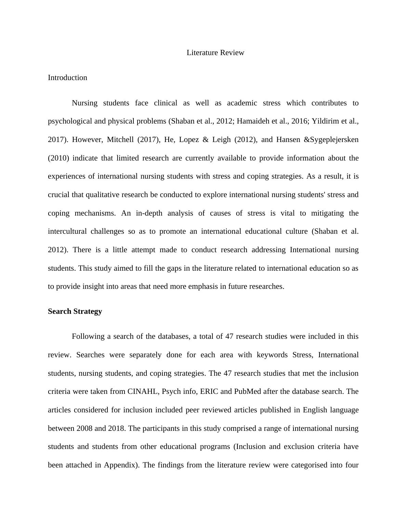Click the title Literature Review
pos(215,53)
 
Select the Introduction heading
pos(67,78)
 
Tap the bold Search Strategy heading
pos(75,311)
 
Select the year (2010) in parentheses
pos(58,158)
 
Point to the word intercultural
pos(67,231)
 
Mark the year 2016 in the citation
pos(300,121)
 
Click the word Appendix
pos(121,465)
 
